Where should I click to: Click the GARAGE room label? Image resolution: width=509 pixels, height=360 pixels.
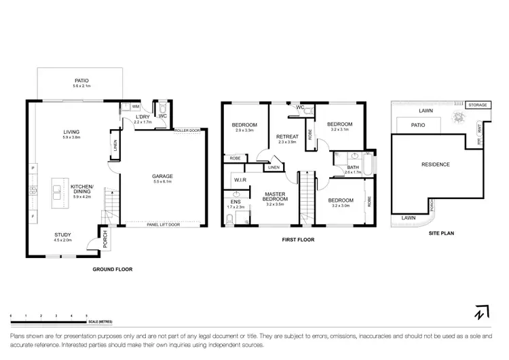pos(162,176)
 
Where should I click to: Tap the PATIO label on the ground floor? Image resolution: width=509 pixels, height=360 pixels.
pos(81,79)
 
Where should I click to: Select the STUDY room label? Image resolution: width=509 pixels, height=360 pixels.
pos(62,235)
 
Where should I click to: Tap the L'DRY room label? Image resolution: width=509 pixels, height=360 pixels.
pos(142,117)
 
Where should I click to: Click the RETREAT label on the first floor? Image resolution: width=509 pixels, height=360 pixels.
pos(288,137)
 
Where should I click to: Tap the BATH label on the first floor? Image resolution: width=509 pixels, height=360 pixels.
pos(352,167)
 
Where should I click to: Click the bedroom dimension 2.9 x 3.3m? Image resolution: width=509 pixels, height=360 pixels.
pos(244,130)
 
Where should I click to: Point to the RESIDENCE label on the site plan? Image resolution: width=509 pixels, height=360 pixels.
pos(435,164)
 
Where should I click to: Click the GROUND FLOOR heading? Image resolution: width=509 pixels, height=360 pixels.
pos(112,269)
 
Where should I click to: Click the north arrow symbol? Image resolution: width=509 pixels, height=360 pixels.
pos(480,313)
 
